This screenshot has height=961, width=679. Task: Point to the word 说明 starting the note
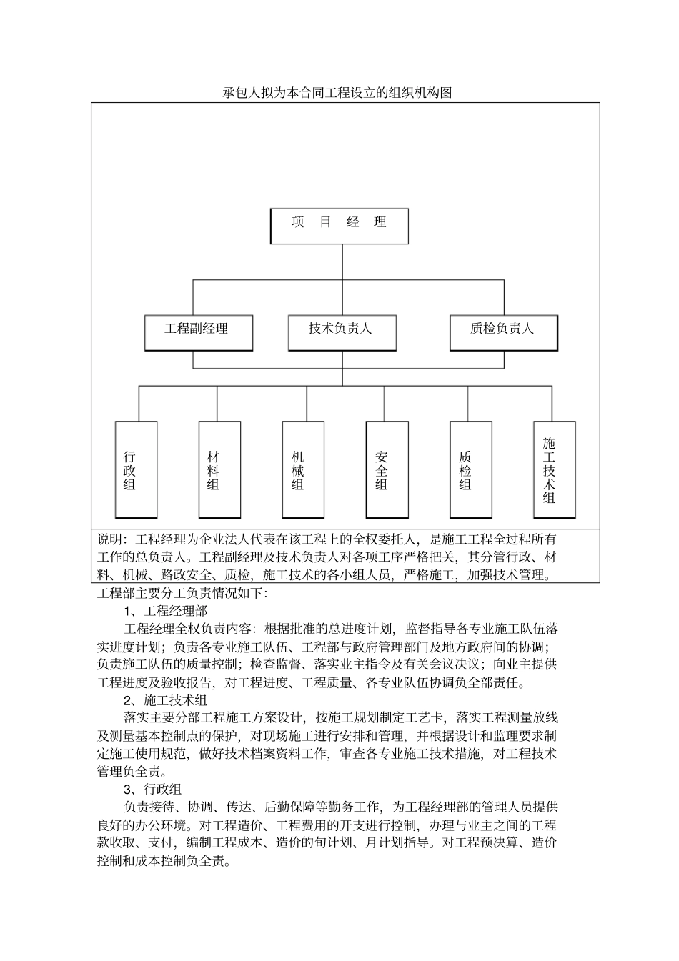[110, 539]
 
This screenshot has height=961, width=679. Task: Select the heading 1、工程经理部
[165, 611]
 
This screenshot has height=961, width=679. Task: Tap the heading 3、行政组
[153, 790]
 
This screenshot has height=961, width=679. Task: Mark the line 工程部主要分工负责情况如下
[182, 593]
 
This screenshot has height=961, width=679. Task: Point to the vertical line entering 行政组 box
[139, 404]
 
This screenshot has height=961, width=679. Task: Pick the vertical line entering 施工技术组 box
[552, 404]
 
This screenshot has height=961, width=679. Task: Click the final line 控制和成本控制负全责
[164, 861]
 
